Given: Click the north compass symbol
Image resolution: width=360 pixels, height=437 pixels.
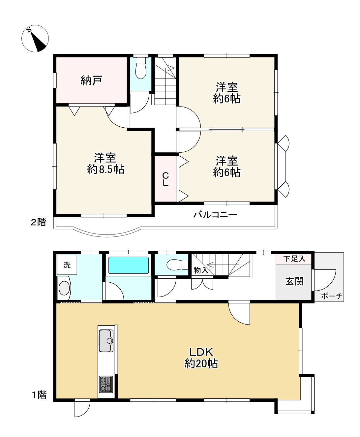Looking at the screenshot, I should [35, 39].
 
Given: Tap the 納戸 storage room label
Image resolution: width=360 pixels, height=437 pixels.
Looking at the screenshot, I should [91, 80].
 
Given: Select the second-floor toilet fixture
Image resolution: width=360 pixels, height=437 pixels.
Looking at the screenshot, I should [141, 69].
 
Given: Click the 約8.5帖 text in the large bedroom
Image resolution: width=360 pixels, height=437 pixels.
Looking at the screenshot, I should [105, 169].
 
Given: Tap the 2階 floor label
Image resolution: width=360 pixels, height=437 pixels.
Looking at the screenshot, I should [38, 222].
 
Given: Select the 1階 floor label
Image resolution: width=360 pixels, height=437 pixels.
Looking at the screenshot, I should [39, 395].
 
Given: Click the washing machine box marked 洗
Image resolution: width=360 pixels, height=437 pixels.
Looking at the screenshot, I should [67, 265].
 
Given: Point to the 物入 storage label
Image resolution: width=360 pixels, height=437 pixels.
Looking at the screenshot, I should [200, 270].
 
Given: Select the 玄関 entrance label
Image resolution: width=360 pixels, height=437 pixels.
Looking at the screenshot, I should [294, 281].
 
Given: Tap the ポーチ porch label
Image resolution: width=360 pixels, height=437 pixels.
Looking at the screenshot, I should [332, 296].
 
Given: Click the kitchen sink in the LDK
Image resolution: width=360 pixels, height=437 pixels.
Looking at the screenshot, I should [106, 340].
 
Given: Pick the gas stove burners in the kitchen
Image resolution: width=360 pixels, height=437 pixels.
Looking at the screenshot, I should [106, 384].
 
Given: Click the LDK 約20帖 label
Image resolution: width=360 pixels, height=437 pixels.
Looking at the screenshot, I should [201, 358].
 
